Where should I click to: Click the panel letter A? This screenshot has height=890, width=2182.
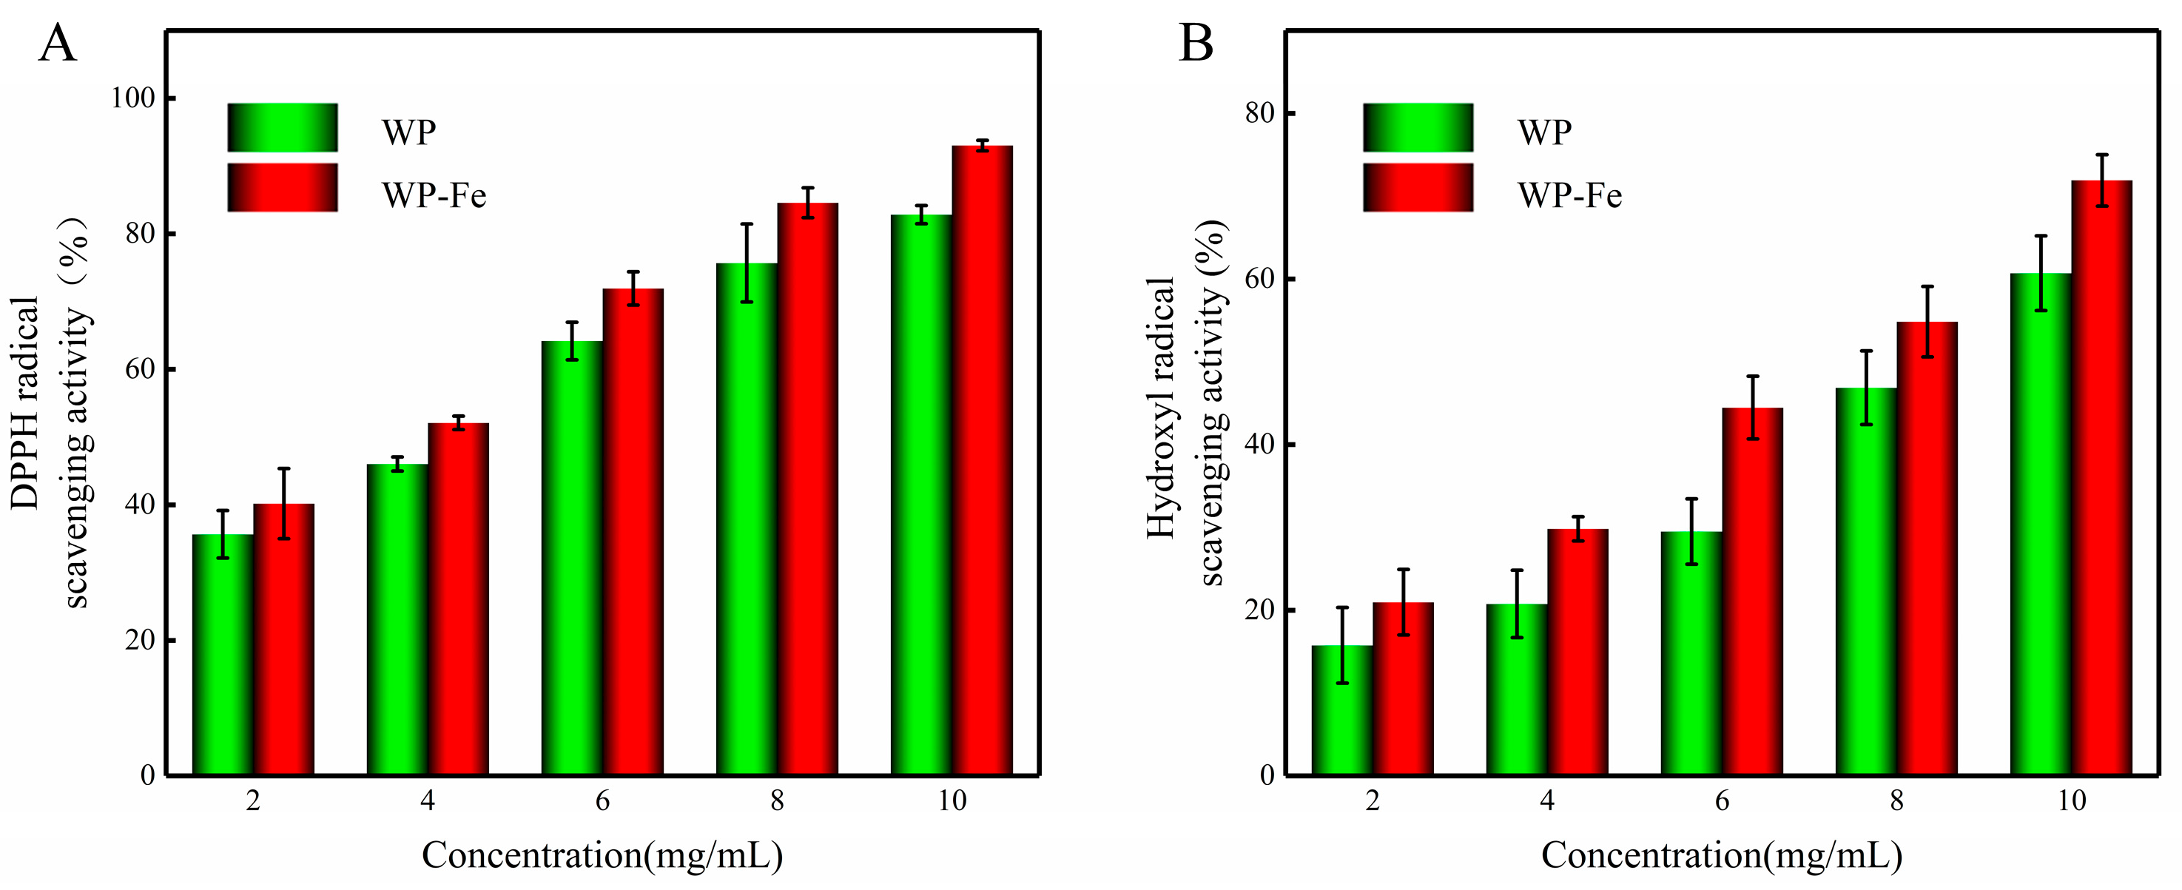(57, 44)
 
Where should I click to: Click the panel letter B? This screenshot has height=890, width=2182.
(1195, 44)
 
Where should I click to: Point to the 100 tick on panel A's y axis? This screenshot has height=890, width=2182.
(134, 98)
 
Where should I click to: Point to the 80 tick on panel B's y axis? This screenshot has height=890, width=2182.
(1260, 113)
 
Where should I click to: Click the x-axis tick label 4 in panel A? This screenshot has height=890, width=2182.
(428, 800)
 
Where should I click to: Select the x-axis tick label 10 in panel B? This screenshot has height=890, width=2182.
(2071, 800)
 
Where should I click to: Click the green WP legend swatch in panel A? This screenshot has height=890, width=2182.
(282, 128)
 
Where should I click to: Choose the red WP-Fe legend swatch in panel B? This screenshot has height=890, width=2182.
(1417, 187)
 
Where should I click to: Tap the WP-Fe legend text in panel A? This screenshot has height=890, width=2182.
(434, 195)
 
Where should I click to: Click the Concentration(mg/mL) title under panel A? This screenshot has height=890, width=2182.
(602, 855)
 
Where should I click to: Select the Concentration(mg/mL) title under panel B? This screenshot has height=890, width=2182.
(1721, 855)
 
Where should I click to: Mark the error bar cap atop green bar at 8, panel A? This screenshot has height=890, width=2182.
(747, 224)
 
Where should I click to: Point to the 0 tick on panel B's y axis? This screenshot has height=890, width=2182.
(1267, 775)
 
